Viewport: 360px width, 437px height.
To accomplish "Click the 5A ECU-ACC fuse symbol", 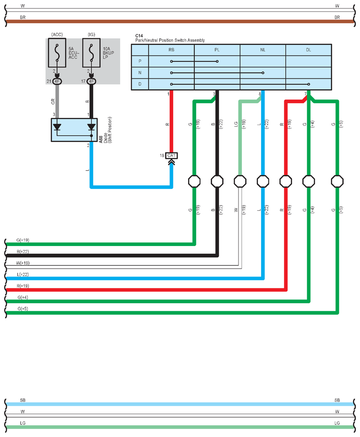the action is [x=57, y=53].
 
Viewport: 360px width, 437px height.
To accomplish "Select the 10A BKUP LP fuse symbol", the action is [x=92, y=53].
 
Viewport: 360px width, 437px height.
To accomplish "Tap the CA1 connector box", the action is [x=171, y=155].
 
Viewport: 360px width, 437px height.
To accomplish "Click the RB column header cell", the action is [x=171, y=50].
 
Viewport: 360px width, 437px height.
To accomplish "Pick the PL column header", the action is [x=217, y=50].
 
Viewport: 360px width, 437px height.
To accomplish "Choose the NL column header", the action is [x=263, y=50].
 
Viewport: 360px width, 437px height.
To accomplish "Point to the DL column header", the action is [x=309, y=50].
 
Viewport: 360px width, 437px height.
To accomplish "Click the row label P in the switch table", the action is [x=140, y=61].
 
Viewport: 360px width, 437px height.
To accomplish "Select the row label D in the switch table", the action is [x=140, y=84].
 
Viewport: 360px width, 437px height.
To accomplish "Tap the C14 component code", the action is [x=139, y=36].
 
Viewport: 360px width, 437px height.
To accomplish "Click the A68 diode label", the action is [x=101, y=140].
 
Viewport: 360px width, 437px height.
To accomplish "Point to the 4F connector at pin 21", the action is [x=57, y=81].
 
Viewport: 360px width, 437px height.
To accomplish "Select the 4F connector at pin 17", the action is [x=92, y=81].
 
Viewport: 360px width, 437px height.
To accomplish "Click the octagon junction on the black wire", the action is [x=217, y=181].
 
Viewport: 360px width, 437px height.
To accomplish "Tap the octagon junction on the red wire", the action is [x=286, y=181].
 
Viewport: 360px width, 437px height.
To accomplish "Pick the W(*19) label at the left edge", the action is [x=22, y=263].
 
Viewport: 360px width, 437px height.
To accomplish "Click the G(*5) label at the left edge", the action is [x=22, y=308].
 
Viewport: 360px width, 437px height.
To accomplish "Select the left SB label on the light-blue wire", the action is [x=22, y=400].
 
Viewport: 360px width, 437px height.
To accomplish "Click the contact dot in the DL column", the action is [x=309, y=84].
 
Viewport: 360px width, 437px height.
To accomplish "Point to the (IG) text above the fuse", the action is [x=92, y=35].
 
